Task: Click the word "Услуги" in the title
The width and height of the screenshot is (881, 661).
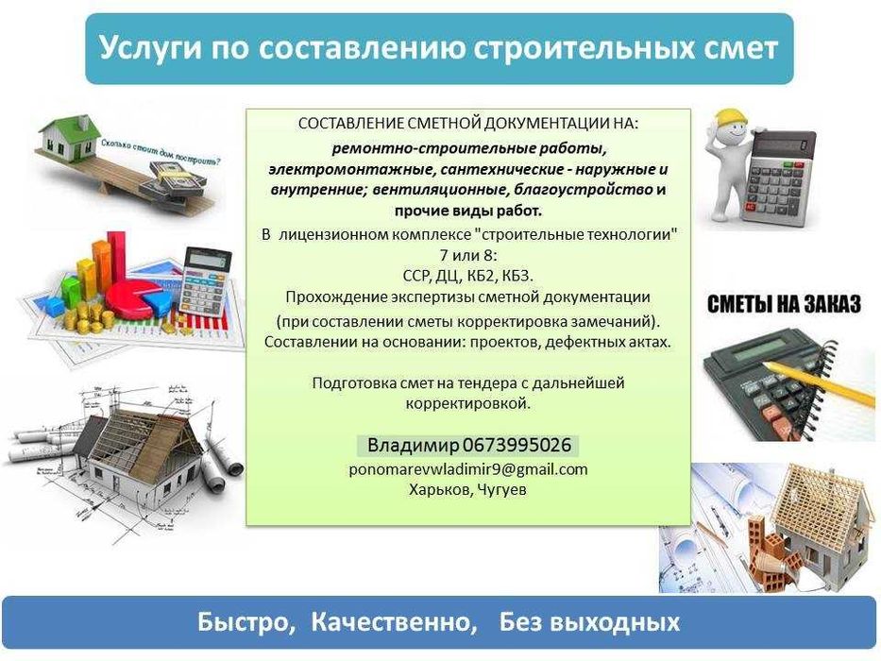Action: (x=150, y=48)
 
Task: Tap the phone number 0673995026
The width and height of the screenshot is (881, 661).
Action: (x=517, y=445)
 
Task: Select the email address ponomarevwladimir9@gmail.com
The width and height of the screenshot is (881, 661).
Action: (x=468, y=469)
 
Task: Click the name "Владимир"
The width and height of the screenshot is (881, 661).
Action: (x=413, y=445)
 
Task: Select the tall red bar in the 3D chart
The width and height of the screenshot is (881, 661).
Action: (x=117, y=258)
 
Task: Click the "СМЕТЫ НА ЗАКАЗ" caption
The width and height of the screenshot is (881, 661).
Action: (x=784, y=304)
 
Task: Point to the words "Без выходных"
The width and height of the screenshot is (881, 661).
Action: (x=589, y=622)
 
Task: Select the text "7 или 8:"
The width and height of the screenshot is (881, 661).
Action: (x=468, y=255)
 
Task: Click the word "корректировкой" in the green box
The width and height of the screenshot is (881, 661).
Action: (x=468, y=403)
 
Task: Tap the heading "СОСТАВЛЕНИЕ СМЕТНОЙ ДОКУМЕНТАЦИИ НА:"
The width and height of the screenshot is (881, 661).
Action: (x=468, y=123)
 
